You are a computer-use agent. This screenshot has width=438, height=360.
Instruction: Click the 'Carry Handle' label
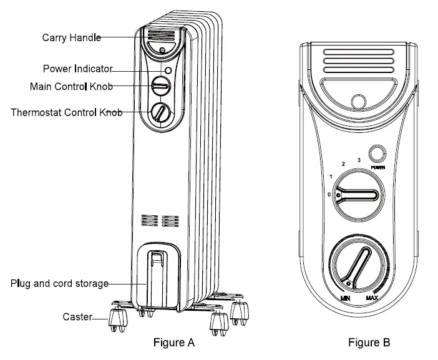pos(71,37)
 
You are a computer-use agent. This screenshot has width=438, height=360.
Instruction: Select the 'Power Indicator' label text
pos(77,68)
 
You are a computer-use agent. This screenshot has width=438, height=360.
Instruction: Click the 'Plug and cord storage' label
pos(59,283)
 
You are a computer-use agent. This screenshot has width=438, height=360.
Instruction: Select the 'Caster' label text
pos(77,317)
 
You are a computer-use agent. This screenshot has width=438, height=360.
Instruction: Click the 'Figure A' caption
pos(174,343)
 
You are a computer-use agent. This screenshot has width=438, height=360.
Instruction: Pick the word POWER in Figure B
pos(377,168)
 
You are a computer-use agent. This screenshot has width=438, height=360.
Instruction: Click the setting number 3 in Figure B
pos(358,160)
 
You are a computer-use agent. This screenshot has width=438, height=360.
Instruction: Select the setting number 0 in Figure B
pos(329,193)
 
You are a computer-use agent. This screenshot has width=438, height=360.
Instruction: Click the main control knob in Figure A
pos(160,85)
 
